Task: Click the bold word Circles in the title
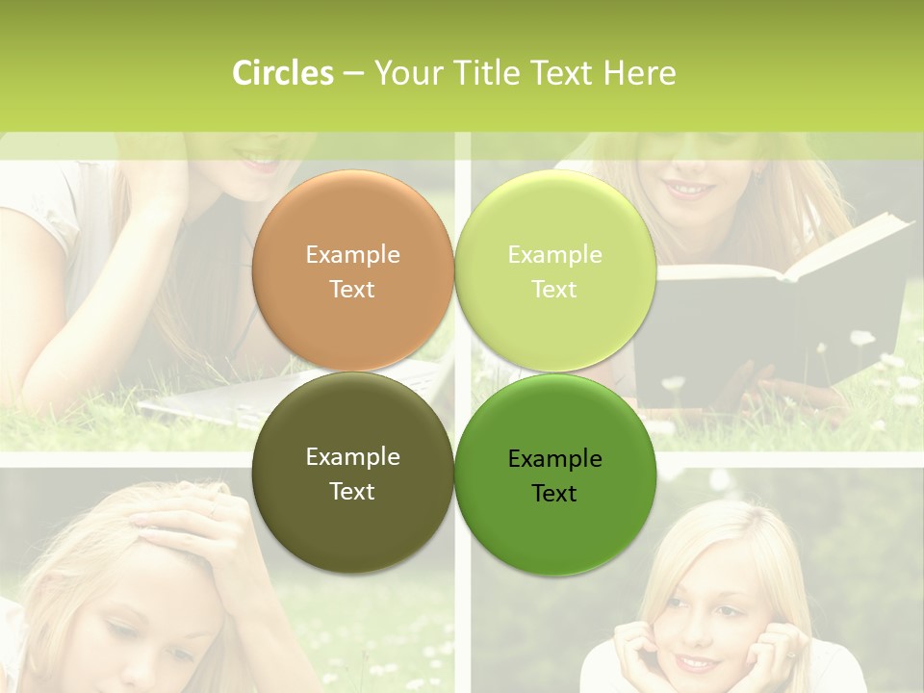click(282, 73)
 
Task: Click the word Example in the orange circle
click(352, 255)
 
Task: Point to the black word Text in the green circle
click(554, 493)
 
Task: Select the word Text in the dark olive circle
click(352, 491)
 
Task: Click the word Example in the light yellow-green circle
click(555, 255)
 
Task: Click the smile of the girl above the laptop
click(258, 162)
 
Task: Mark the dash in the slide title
click(352, 73)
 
